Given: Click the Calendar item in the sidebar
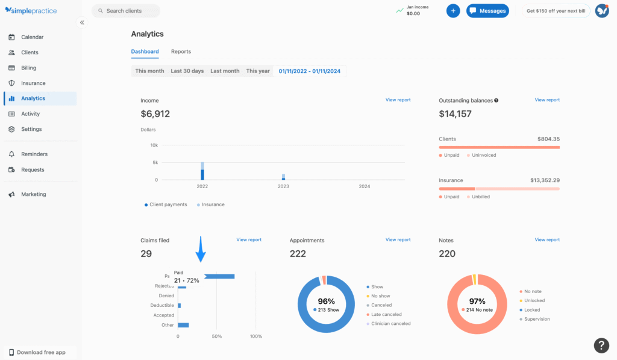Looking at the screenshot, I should (x=32, y=37).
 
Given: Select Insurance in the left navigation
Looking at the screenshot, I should (x=33, y=83).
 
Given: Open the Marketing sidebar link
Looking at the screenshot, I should (x=33, y=194).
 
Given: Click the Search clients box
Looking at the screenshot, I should (x=126, y=11).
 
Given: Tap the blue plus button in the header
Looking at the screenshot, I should (x=453, y=11).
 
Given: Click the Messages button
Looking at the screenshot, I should (x=487, y=11).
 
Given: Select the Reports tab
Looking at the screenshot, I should (x=181, y=52).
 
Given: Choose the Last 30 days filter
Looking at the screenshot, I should (x=187, y=71).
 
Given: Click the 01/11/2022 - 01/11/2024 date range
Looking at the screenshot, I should (x=309, y=71).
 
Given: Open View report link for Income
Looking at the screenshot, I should (x=398, y=100).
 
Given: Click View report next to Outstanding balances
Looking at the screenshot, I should (x=547, y=100).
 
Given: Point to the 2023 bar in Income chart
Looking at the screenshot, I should (x=283, y=177).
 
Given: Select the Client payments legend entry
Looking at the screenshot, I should (x=166, y=205).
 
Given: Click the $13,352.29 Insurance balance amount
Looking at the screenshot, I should (x=540, y=180).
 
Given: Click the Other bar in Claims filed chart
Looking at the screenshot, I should (x=183, y=325).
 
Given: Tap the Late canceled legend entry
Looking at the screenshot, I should (x=386, y=314).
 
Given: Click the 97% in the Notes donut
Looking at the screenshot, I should (x=477, y=301).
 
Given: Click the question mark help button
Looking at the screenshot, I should (x=601, y=345).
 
